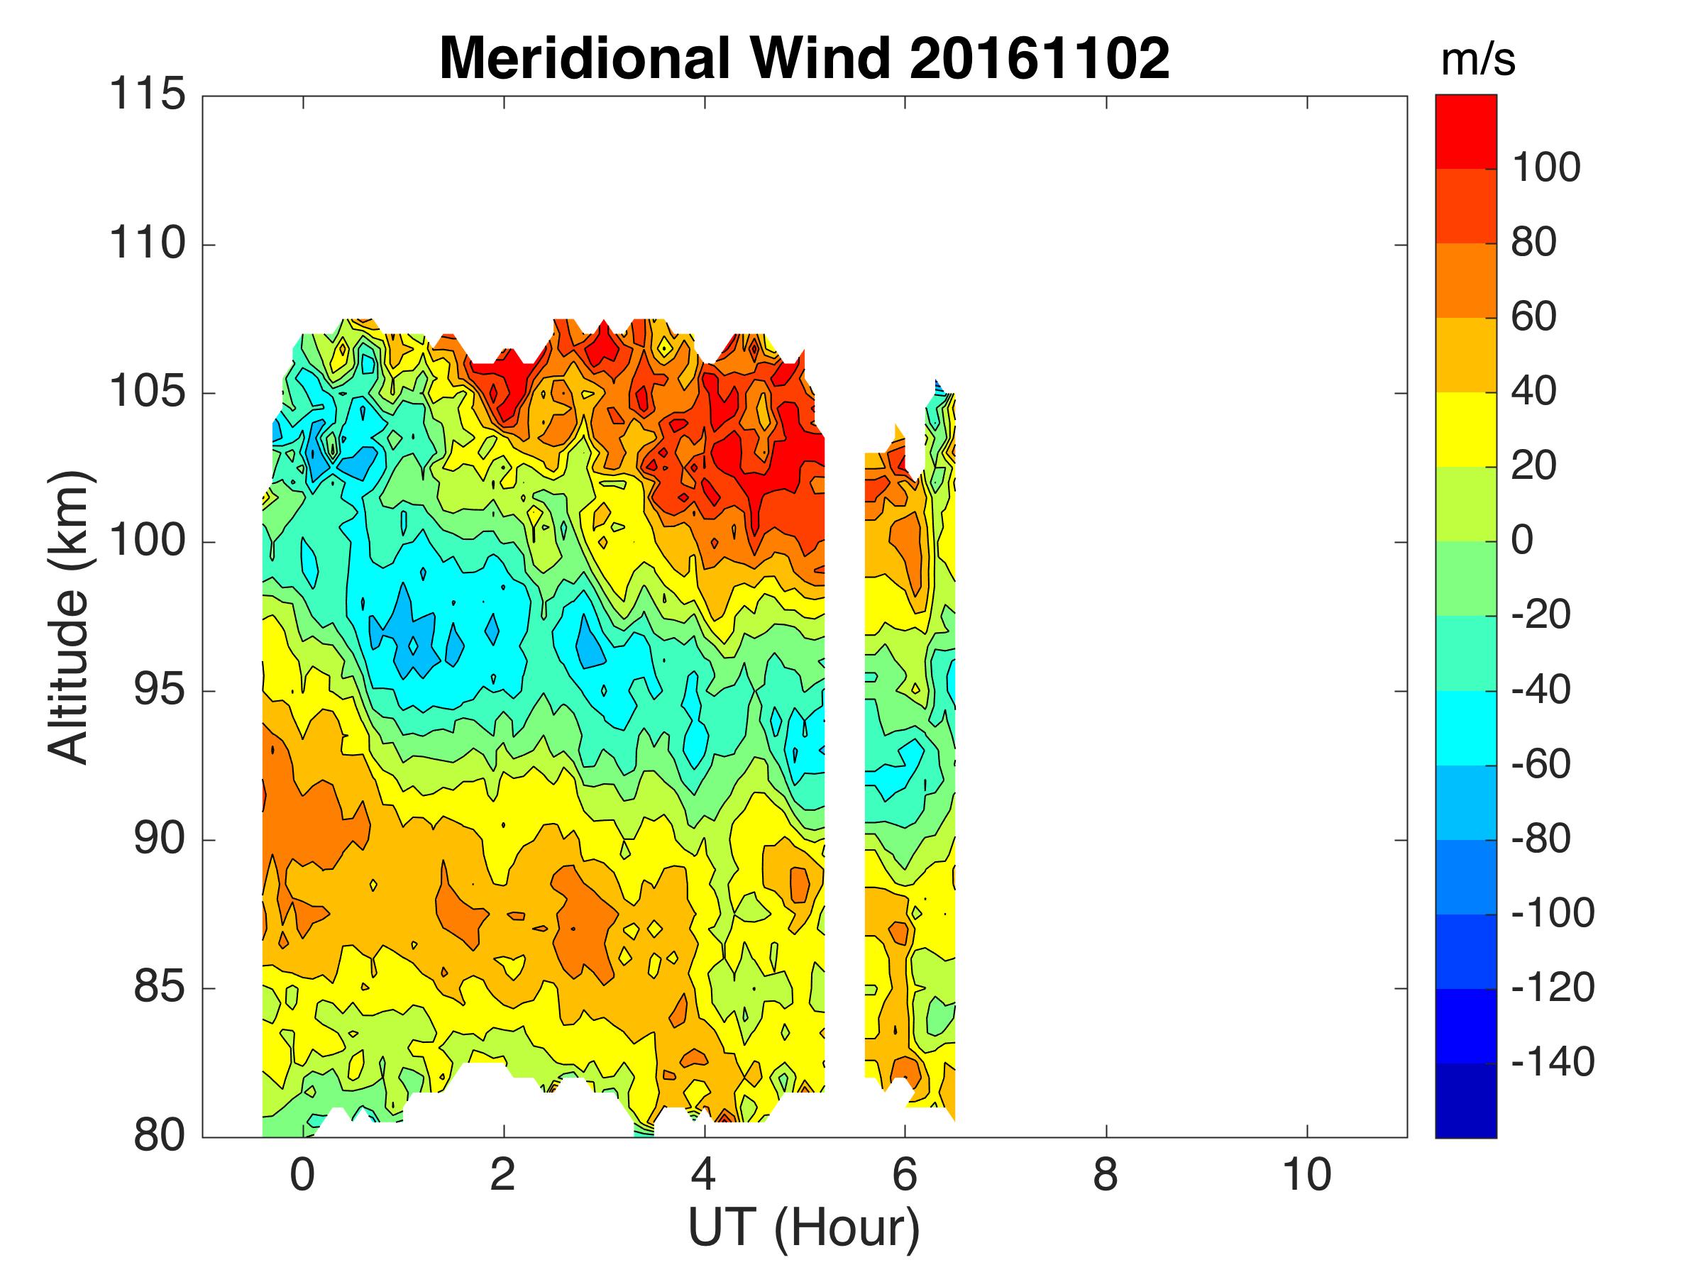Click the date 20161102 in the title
click(x=1039, y=60)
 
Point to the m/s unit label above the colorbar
click(x=1477, y=60)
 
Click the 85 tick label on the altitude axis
click(x=160, y=988)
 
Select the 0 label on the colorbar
click(x=1522, y=541)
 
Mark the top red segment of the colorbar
click(x=1466, y=131)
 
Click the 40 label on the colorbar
click(x=1533, y=391)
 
